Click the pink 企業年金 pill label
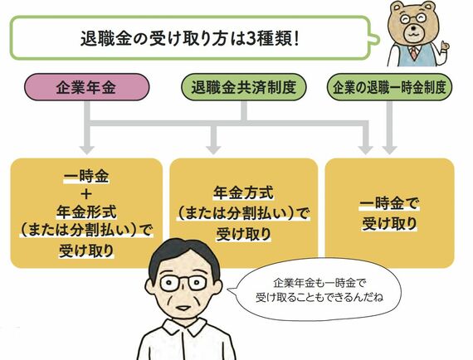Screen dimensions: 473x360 tap(86, 87)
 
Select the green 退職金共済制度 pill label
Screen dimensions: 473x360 tap(244, 87)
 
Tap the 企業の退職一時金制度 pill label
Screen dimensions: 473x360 tap(389, 87)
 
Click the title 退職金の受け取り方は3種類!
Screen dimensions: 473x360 tap(190, 39)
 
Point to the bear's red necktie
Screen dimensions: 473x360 tap(414, 53)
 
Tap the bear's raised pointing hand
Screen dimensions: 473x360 tap(443, 47)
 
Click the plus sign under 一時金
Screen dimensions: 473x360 tap(86, 194)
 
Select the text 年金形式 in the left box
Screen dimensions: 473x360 tap(86, 212)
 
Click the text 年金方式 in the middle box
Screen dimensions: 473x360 tap(244, 193)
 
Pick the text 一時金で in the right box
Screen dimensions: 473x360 tap(389, 204)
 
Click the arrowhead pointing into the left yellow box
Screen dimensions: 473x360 tap(87, 150)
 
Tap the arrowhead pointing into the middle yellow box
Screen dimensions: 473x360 tap(213, 150)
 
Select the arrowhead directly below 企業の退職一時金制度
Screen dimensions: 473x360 tap(389, 150)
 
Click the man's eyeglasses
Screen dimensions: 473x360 tap(183, 283)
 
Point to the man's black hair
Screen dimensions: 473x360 tap(184, 256)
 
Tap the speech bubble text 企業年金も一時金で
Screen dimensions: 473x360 tap(319, 283)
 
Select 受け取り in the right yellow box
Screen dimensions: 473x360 tap(389, 224)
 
